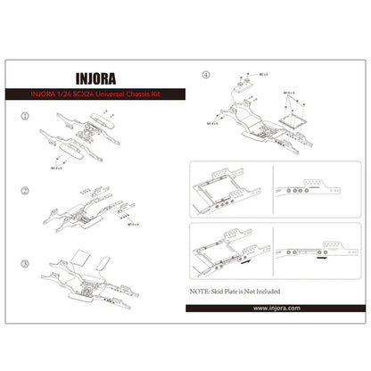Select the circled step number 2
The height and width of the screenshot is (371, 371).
[24, 191]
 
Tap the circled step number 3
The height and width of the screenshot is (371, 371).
[24, 265]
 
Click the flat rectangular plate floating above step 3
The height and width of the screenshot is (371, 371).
[81, 259]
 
